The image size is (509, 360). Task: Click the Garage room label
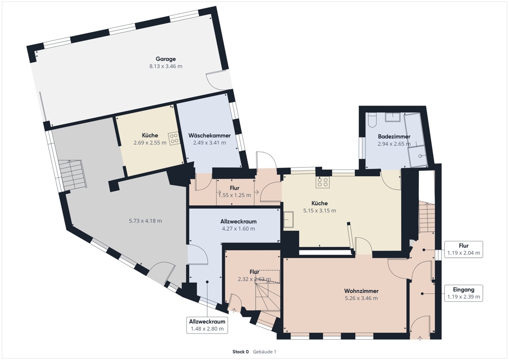165,59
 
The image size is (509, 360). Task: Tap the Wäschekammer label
209,136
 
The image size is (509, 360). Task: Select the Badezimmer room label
394,137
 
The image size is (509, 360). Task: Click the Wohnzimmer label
361,291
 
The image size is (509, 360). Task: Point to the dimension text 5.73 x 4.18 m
145,221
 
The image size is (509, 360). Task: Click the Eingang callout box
463,292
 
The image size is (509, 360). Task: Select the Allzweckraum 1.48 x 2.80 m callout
207,325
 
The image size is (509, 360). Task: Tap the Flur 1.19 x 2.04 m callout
463,249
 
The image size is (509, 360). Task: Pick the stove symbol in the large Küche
323,182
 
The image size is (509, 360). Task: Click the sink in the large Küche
290,219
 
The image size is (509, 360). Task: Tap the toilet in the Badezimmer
373,120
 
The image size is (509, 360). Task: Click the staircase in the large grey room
72,174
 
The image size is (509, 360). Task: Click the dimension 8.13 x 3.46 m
165,67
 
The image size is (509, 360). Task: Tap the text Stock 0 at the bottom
240,352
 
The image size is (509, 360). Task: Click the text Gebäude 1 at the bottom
264,352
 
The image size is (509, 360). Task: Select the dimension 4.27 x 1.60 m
238,229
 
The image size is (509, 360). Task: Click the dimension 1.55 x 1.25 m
235,195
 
